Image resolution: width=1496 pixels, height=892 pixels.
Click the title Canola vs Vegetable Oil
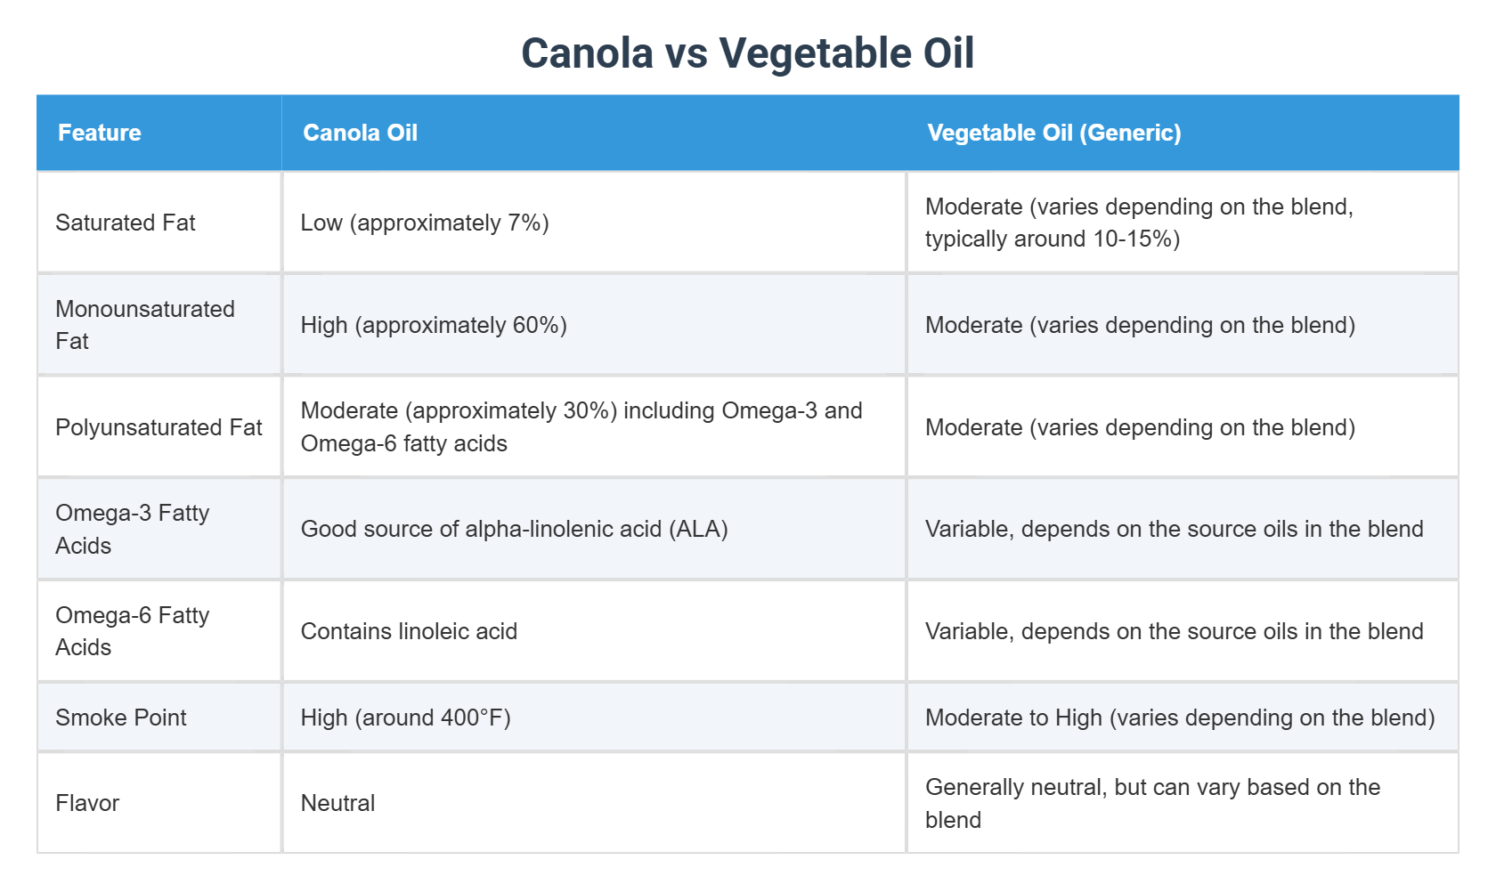click(747, 53)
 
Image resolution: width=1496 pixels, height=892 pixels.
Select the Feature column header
click(100, 133)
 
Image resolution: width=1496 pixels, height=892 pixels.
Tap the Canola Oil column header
click(360, 133)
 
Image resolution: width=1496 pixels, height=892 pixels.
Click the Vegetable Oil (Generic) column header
click(1054, 133)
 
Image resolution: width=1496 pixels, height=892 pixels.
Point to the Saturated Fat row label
click(126, 223)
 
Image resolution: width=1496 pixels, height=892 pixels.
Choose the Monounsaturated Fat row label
click(145, 325)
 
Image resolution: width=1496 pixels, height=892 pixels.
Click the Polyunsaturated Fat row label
click(159, 427)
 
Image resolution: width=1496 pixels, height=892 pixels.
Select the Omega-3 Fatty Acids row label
click(133, 529)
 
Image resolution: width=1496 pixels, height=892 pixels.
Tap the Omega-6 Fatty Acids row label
click(133, 631)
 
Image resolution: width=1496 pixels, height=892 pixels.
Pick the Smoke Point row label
click(121, 718)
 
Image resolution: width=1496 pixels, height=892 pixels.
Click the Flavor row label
click(87, 803)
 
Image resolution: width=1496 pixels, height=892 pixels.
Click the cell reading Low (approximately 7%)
click(425, 223)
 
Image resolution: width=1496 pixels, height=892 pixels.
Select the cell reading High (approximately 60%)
click(434, 325)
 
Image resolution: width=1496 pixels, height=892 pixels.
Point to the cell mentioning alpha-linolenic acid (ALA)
click(515, 529)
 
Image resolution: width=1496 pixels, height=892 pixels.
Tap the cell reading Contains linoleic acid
click(409, 631)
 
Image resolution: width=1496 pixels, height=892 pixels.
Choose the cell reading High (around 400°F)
click(405, 718)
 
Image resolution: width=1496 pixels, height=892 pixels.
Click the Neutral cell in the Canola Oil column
click(337, 803)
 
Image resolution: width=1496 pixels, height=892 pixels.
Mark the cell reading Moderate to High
click(1180, 718)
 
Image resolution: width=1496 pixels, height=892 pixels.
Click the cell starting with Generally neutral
click(1152, 803)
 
